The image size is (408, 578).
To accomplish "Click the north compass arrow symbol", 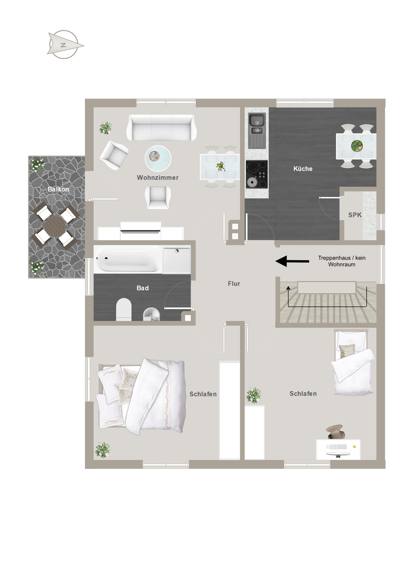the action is pyautogui.click(x=65, y=45).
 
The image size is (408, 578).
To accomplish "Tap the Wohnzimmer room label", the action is pyautogui.click(x=158, y=177).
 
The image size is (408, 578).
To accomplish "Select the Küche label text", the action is pyautogui.click(x=303, y=169).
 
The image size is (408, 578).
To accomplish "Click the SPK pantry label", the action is pyautogui.click(x=355, y=215).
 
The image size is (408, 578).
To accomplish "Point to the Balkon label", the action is pyautogui.click(x=58, y=189).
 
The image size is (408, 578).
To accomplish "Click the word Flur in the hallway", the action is pyautogui.click(x=234, y=284).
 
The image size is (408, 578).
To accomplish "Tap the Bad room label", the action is pyautogui.click(x=142, y=288).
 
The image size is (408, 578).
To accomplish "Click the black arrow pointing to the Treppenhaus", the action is pyautogui.click(x=292, y=261).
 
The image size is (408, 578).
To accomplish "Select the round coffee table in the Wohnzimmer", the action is pyautogui.click(x=158, y=158).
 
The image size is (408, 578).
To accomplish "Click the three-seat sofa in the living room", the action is pyautogui.click(x=161, y=128).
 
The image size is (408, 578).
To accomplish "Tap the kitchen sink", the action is pyautogui.click(x=257, y=131).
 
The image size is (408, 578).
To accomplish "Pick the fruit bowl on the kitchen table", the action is pyautogui.click(x=357, y=146).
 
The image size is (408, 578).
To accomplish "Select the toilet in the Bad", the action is pyautogui.click(x=124, y=309).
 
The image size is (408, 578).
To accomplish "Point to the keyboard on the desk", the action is pyautogui.click(x=338, y=447).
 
